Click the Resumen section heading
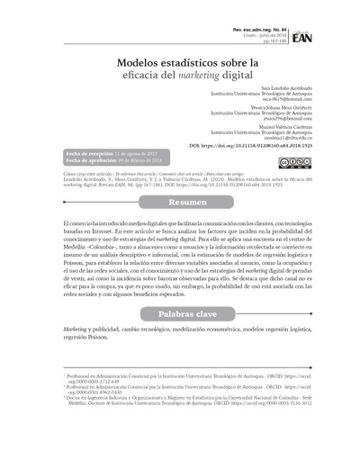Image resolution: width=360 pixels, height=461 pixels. [x=179, y=202]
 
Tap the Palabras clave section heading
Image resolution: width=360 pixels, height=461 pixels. [x=179, y=316]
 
